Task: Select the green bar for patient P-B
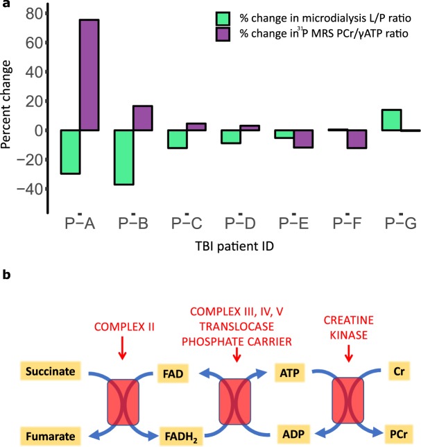pos(123,157)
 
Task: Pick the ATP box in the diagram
pos(289,373)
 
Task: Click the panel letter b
pos(6,276)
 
